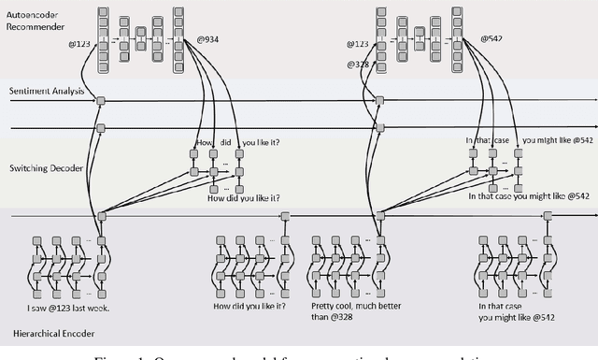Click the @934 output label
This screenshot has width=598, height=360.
(207, 39)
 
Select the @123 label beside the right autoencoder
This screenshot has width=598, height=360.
(357, 44)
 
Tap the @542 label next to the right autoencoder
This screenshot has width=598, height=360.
(491, 39)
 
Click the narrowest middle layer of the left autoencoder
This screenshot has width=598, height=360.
(142, 40)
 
